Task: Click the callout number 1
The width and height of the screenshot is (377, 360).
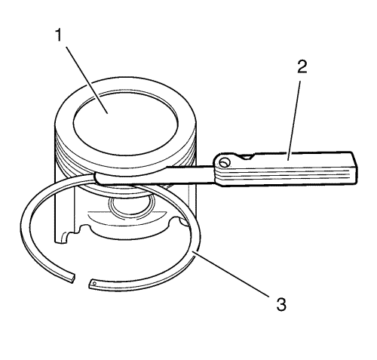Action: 59,35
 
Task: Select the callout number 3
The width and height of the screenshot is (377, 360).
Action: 281,304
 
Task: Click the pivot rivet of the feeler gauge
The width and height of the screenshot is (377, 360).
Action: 224,163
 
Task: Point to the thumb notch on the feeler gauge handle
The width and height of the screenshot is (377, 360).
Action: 247,157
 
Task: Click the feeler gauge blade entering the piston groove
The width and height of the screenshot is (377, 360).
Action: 156,175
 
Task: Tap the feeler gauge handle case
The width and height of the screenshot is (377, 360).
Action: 285,168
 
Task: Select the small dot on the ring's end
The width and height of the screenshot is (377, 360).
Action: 94,284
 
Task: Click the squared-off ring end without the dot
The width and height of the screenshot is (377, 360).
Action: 72,279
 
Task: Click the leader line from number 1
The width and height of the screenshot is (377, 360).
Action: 87,80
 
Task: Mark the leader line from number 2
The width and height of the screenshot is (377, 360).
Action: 294,122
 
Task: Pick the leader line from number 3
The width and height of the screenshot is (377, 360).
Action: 231,274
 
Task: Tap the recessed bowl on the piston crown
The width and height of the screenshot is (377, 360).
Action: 126,123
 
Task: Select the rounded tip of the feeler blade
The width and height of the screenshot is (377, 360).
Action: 97,178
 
